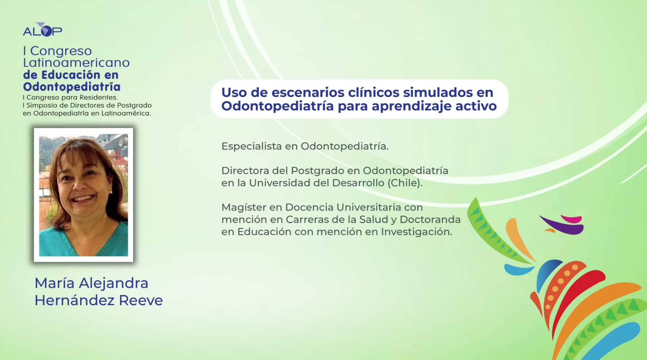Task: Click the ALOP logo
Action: coord(43,30)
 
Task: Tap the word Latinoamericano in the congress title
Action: coord(77,63)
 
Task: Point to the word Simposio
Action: coord(41,105)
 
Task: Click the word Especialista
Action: coord(252,146)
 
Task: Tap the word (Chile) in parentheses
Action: coord(405,183)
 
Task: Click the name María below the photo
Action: coord(54,283)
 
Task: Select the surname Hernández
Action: coord(75,301)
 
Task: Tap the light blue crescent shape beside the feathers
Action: coord(518,269)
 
